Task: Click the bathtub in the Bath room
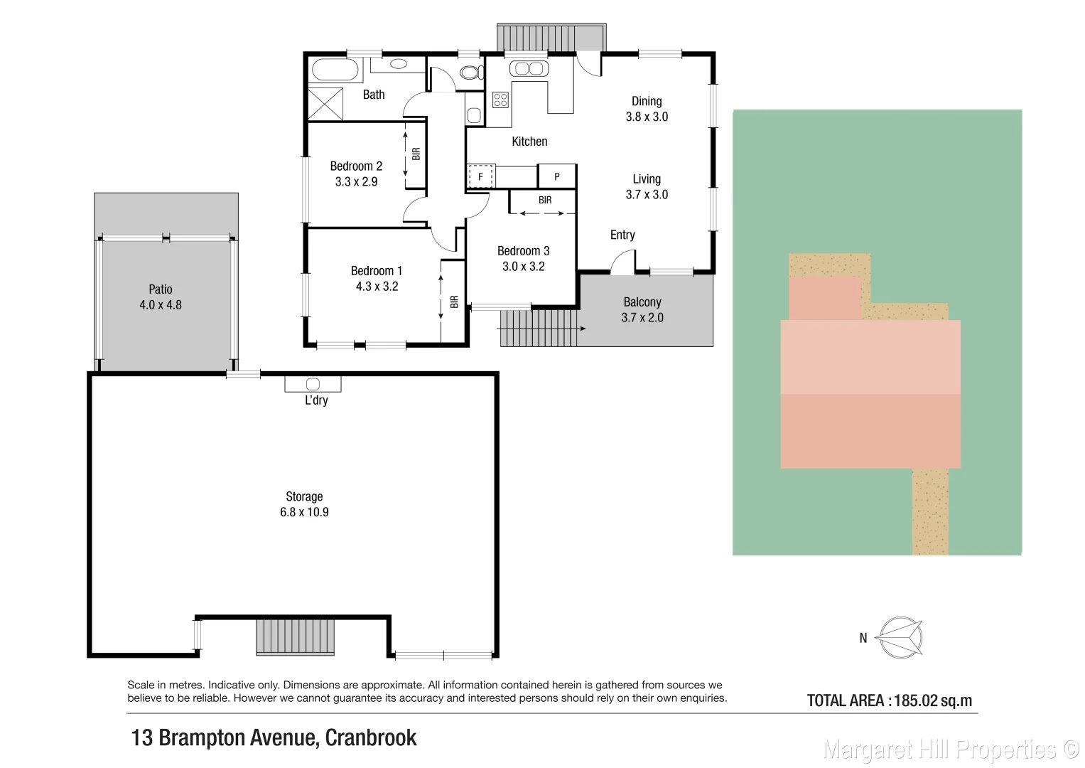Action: pos(335,70)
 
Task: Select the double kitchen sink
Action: pos(529,68)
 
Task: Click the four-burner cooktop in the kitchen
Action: pos(500,100)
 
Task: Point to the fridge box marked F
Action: pos(480,176)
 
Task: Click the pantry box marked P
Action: pos(557,176)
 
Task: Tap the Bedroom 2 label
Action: pos(356,166)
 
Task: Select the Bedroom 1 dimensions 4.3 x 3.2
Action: pos(377,287)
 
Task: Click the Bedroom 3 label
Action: pos(523,251)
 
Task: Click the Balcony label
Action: pos(642,302)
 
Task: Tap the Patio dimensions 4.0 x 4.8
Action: pos(161,305)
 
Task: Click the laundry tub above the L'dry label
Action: pos(313,385)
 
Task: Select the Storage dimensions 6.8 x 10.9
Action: pos(304,512)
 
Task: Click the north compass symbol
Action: pos(900,638)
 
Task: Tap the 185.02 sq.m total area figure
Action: pos(933,700)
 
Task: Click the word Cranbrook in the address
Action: pos(370,738)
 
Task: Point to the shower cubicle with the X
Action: pos(325,104)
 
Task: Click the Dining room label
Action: pos(647,101)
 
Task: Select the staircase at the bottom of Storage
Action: pos(295,637)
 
